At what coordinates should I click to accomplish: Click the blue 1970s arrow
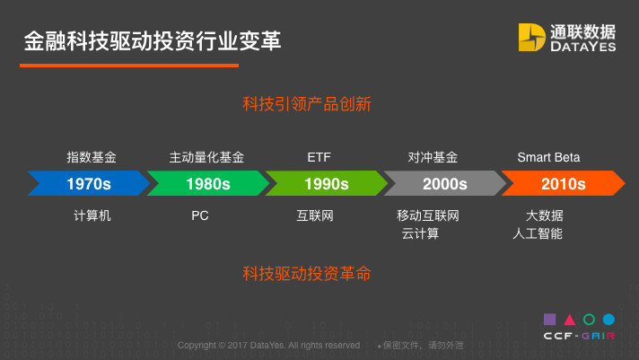click(89, 183)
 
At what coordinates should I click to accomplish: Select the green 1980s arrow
click(208, 183)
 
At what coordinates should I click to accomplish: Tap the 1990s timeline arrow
click(327, 183)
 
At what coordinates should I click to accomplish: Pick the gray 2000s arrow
click(444, 183)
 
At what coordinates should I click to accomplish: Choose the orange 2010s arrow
click(564, 183)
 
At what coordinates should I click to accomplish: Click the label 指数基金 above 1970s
click(92, 157)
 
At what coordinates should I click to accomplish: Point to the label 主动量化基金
click(206, 157)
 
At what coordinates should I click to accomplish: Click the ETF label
click(319, 157)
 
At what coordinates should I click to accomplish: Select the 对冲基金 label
click(433, 157)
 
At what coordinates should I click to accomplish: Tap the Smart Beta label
click(548, 157)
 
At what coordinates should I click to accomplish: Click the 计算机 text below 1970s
click(92, 215)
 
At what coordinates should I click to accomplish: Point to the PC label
click(200, 215)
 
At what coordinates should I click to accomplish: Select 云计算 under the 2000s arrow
click(420, 233)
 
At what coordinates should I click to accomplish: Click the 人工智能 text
click(538, 233)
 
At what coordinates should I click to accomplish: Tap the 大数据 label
click(545, 215)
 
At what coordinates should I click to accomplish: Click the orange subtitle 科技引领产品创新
click(306, 104)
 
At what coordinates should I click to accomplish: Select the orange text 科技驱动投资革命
click(306, 273)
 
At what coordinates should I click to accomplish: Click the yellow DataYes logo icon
click(531, 37)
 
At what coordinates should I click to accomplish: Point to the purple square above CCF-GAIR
click(550, 320)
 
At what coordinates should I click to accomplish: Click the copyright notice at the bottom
click(268, 346)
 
